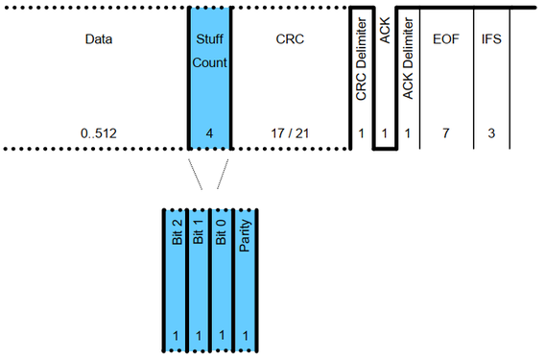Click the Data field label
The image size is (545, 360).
(98, 41)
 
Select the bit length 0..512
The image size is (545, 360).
(98, 132)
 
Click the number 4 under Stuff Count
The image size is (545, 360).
(209, 132)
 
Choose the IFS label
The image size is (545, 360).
(491, 41)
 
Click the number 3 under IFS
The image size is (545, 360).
(491, 132)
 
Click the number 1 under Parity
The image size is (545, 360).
(247, 337)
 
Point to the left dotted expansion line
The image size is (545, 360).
(198, 173)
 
